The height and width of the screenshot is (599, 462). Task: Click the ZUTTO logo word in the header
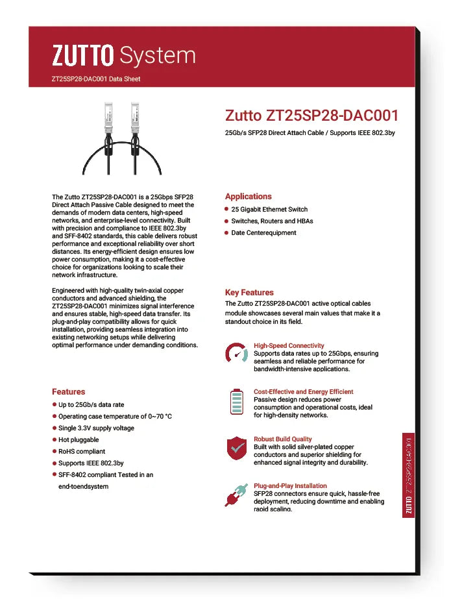(83, 56)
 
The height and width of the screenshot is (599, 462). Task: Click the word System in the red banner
(158, 56)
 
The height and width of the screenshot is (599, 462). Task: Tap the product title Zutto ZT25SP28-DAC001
(311, 116)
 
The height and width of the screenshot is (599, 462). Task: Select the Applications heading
(248, 196)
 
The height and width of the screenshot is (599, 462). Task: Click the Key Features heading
(249, 292)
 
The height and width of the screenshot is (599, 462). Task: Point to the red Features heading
(68, 391)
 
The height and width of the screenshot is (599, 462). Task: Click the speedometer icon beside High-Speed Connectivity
(236, 354)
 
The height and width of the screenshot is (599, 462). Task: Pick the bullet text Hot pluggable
(79, 439)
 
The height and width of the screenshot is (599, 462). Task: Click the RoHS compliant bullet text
(82, 451)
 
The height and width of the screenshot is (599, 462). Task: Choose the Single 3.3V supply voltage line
(96, 428)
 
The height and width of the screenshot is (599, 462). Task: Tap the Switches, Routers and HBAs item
(272, 221)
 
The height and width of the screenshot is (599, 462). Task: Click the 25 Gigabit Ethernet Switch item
(269, 209)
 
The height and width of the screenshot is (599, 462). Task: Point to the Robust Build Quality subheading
(282, 439)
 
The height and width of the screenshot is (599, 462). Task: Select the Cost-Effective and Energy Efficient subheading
(303, 391)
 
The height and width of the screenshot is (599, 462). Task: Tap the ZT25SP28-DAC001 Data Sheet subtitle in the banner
(95, 79)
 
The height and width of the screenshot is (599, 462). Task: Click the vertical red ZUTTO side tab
(408, 474)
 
